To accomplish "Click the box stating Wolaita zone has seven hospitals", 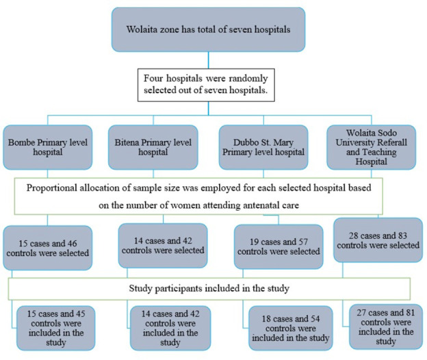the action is click(208, 29).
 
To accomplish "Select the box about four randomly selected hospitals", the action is click(206, 85).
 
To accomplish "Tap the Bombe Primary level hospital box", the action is click(48, 147).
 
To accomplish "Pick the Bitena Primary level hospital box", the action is click(153, 147).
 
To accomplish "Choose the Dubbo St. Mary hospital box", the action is click(263, 147).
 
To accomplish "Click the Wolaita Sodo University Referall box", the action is click(371, 147).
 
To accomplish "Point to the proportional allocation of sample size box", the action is click(198, 196).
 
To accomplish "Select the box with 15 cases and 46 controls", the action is click(48, 248).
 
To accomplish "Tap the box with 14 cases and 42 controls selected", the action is click(163, 246).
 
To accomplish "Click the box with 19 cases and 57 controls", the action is click(279, 246).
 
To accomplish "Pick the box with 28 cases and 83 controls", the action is click(378, 240).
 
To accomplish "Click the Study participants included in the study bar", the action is click(209, 289).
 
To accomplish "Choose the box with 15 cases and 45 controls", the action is click(56, 328).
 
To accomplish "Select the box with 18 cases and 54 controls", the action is click(291, 328).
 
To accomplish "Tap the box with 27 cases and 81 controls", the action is click(386, 326).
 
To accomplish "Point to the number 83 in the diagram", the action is click(402, 235).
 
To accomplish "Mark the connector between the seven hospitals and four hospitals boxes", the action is click(209, 60).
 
